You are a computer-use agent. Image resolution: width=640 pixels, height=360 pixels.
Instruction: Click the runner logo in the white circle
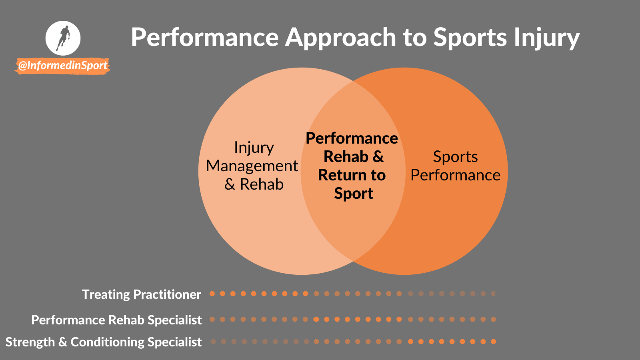[63, 38]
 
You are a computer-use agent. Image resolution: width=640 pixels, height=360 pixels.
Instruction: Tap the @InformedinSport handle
[63, 66]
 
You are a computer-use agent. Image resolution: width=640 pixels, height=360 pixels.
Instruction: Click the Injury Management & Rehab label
[252, 166]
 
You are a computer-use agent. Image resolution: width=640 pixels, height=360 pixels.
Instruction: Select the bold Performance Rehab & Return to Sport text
[352, 166]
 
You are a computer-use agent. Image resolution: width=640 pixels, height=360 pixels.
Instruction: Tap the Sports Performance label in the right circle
[455, 166]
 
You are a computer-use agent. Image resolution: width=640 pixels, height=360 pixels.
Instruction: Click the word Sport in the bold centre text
[354, 194]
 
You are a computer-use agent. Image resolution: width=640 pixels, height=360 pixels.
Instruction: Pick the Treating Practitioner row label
[142, 294]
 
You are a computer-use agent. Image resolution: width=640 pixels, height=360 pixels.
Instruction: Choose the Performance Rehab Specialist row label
[116, 320]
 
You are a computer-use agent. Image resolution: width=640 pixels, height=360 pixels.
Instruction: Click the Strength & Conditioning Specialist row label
[104, 342]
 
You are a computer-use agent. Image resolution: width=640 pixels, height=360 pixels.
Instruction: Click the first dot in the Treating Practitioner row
[212, 294]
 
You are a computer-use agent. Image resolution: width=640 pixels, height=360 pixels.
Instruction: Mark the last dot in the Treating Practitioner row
[493, 294]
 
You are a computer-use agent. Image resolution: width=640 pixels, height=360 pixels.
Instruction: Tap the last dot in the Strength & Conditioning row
[493, 342]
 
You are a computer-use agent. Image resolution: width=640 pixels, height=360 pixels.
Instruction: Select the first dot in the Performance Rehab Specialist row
[212, 319]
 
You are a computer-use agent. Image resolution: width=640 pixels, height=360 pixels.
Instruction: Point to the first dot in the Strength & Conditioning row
[213, 342]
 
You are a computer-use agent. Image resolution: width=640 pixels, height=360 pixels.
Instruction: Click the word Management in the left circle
[252, 166]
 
